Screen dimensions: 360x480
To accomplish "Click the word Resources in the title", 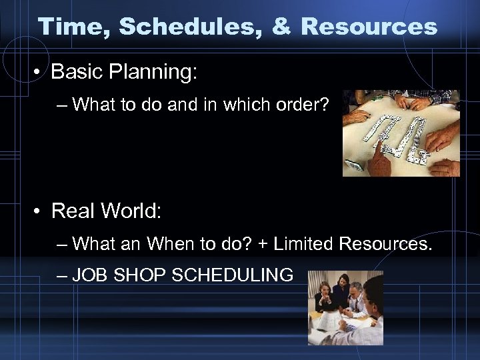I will click(370, 27).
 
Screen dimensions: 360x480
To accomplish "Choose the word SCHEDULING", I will click(232, 275).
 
